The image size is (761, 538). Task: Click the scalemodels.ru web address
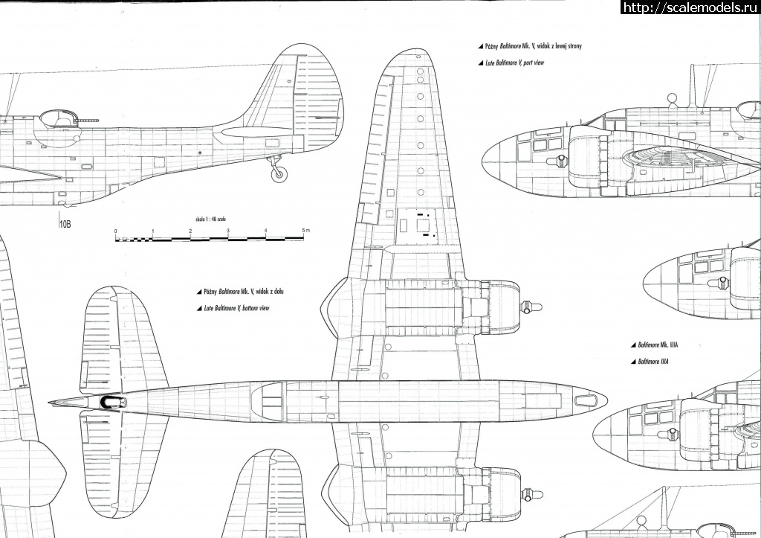tap(688, 7)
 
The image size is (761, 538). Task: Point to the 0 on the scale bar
tap(116, 232)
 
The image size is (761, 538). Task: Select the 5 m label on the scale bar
tap(305, 232)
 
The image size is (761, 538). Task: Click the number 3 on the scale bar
tap(229, 232)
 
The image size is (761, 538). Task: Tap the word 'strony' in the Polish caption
tap(570, 46)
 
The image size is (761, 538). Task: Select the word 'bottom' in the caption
tap(245, 307)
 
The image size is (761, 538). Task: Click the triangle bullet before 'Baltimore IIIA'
tap(632, 362)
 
